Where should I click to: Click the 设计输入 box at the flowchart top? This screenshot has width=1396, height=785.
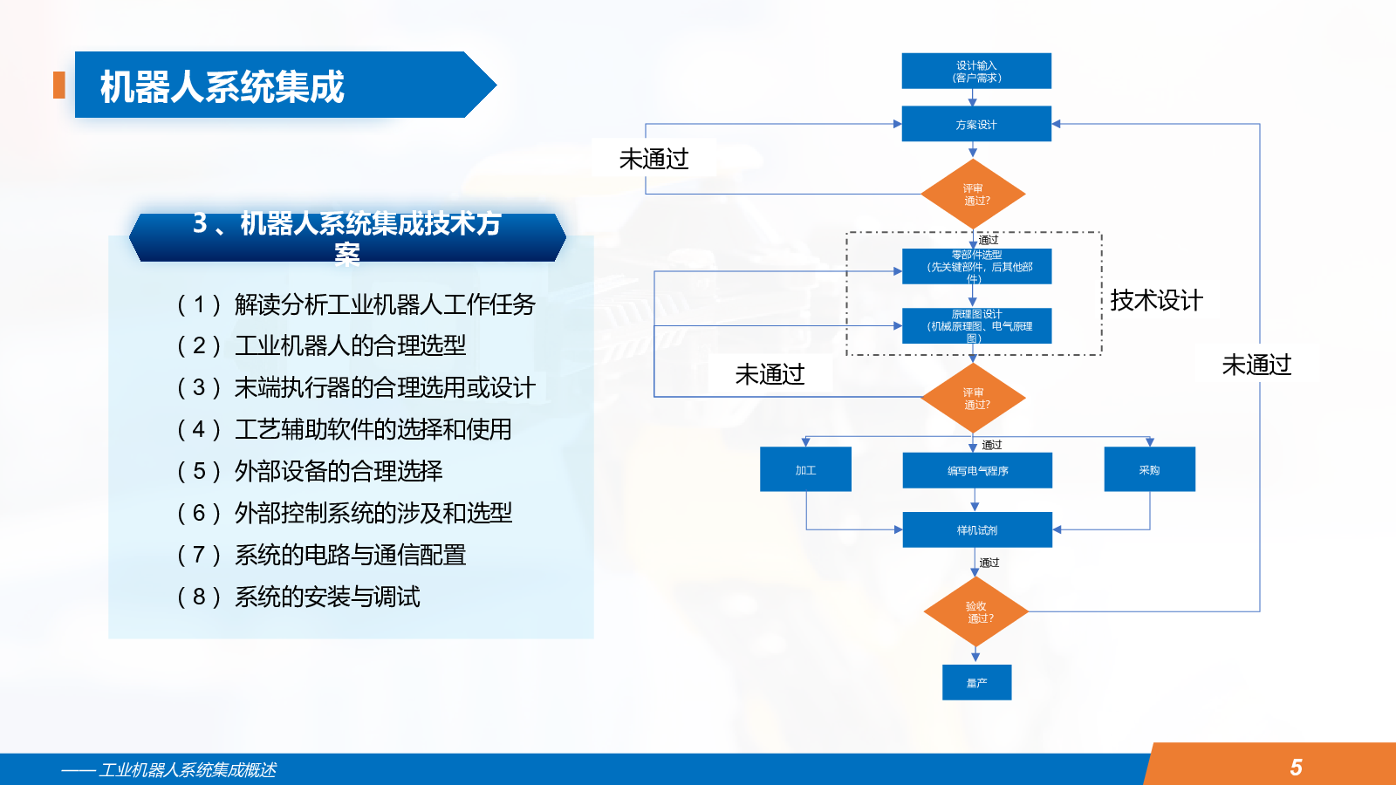[x=975, y=71]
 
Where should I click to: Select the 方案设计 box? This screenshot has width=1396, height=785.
[x=975, y=124]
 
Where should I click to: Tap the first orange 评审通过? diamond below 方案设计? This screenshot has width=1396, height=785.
[x=973, y=194]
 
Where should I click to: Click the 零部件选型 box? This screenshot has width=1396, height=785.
[x=976, y=267]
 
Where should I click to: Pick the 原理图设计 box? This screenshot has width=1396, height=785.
[x=976, y=326]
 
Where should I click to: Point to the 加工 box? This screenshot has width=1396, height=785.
[x=805, y=469]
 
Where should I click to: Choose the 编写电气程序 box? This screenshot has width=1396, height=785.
[x=977, y=470]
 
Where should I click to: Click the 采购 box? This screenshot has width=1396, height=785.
[x=1149, y=469]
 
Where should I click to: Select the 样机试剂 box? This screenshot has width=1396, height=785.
[x=977, y=529]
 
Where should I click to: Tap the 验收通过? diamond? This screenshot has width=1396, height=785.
[x=975, y=611]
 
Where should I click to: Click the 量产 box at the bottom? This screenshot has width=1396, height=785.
[x=976, y=682]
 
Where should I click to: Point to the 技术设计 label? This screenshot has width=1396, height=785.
[x=1156, y=301]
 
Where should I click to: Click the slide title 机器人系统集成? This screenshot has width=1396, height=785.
[x=222, y=86]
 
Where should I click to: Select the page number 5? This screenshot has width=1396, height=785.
[x=1296, y=767]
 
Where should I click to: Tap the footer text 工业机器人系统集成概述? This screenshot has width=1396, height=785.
[x=187, y=769]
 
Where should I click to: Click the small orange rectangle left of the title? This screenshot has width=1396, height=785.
[x=59, y=85]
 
